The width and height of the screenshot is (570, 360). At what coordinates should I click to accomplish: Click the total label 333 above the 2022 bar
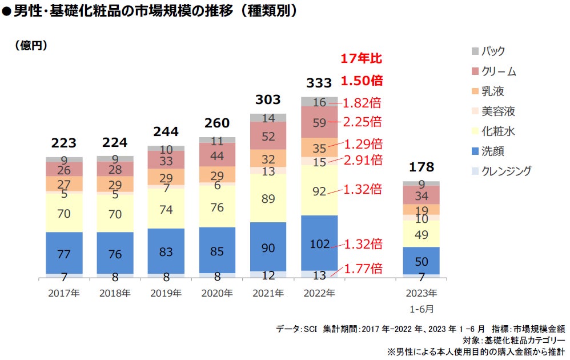[319, 83]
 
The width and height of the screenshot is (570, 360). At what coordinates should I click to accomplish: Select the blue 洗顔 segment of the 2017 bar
[64, 252]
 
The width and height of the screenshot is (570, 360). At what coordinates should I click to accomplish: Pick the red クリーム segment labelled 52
[268, 136]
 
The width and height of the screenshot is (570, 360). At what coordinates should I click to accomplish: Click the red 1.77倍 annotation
[363, 269]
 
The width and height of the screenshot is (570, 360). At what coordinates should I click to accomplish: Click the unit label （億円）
[31, 45]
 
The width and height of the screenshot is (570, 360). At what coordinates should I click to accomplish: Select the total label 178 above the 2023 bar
[421, 167]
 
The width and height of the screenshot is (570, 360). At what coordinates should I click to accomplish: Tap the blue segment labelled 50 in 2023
[421, 261]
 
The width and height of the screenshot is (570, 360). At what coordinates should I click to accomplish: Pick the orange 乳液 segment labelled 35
[319, 147]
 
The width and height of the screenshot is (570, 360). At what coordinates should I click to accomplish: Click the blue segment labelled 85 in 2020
[217, 250]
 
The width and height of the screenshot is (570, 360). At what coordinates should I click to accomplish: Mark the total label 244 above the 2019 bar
[166, 131]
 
